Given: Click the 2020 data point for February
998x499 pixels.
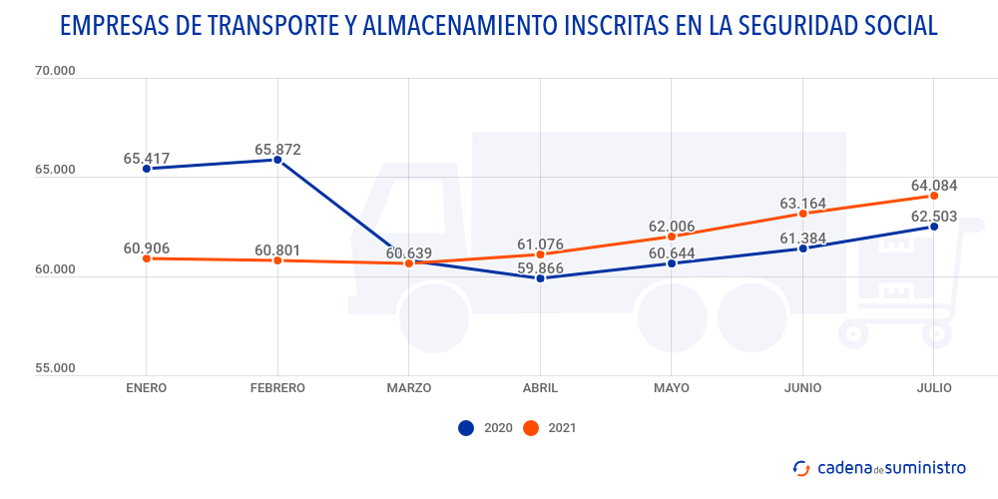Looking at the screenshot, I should pyautogui.click(x=277, y=160).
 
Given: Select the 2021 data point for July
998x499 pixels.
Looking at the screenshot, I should pyautogui.click(x=934, y=196).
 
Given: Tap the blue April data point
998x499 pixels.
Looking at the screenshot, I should pyautogui.click(x=540, y=278).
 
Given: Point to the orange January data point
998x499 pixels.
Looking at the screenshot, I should pyautogui.click(x=147, y=258).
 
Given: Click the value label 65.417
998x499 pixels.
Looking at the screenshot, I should pyautogui.click(x=147, y=159).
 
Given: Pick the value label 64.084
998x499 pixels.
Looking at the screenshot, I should pyautogui.click(x=934, y=186).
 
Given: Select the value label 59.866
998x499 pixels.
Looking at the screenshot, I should pyautogui.click(x=540, y=268).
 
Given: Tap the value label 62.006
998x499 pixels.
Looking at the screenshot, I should pyautogui.click(x=672, y=227).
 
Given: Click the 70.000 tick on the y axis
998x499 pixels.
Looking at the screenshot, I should pyautogui.click(x=54, y=72).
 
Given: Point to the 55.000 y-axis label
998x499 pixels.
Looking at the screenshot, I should pyautogui.click(x=54, y=368).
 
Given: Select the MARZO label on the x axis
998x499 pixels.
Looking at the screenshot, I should pyautogui.click(x=409, y=388).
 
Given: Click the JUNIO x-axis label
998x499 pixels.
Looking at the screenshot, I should pyautogui.click(x=802, y=388).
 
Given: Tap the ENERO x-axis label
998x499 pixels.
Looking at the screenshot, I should pyautogui.click(x=147, y=388).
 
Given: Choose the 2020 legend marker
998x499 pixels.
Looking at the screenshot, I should pyautogui.click(x=466, y=428).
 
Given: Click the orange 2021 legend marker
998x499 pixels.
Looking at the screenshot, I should pyautogui.click(x=531, y=428).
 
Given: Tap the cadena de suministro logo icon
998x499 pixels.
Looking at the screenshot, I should pyautogui.click(x=800, y=467).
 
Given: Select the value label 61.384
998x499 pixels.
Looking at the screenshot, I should pyautogui.click(x=802, y=238).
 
